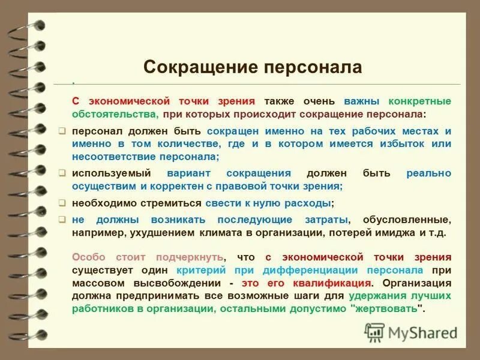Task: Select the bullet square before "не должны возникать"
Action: (62, 220)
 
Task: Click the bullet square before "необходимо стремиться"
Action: (62, 203)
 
